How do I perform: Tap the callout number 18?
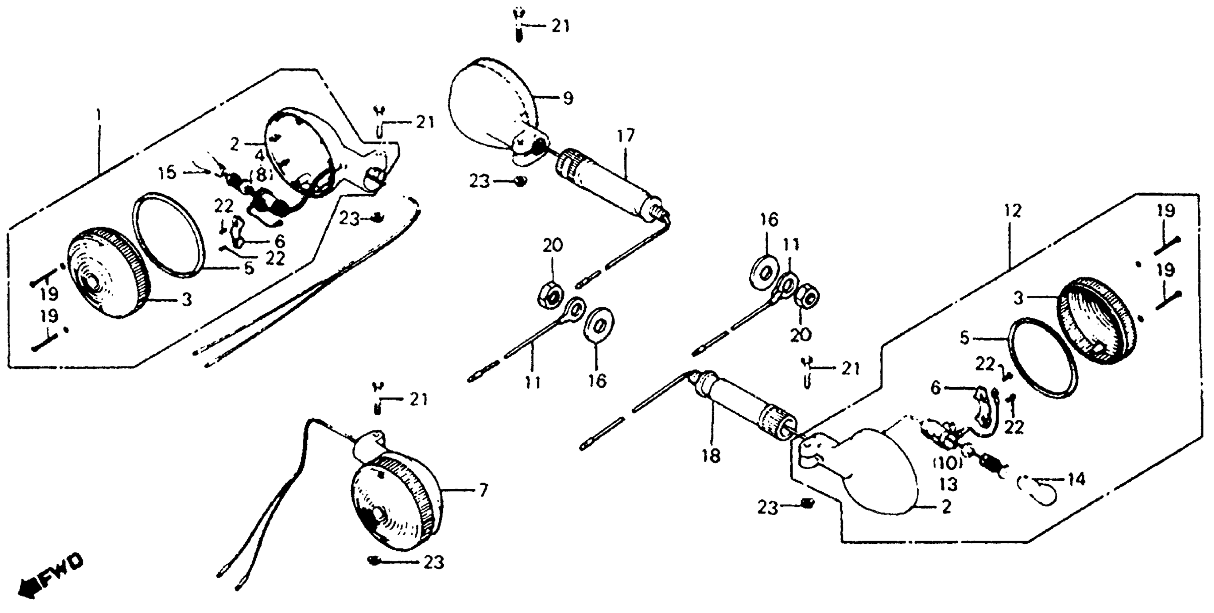[x=710, y=456]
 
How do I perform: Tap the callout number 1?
[x=98, y=115]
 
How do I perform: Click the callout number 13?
[x=948, y=484]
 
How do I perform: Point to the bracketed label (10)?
[x=947, y=463]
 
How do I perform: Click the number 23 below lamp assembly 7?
[x=433, y=562]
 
